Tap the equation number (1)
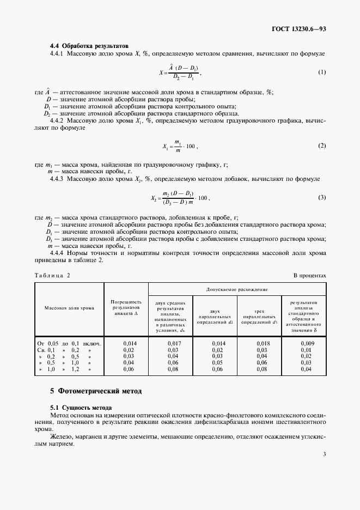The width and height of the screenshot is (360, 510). (322, 72)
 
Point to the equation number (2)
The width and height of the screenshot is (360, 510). (322, 146)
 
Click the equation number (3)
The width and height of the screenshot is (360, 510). (322, 198)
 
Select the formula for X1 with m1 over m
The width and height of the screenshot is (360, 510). (180, 146)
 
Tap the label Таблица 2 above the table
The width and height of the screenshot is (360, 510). (52, 276)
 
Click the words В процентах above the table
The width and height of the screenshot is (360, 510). (310, 276)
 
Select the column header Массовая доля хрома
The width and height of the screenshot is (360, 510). (69, 308)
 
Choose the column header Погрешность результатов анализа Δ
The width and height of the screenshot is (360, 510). (126, 308)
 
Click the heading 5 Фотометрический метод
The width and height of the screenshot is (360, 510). (95, 391)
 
